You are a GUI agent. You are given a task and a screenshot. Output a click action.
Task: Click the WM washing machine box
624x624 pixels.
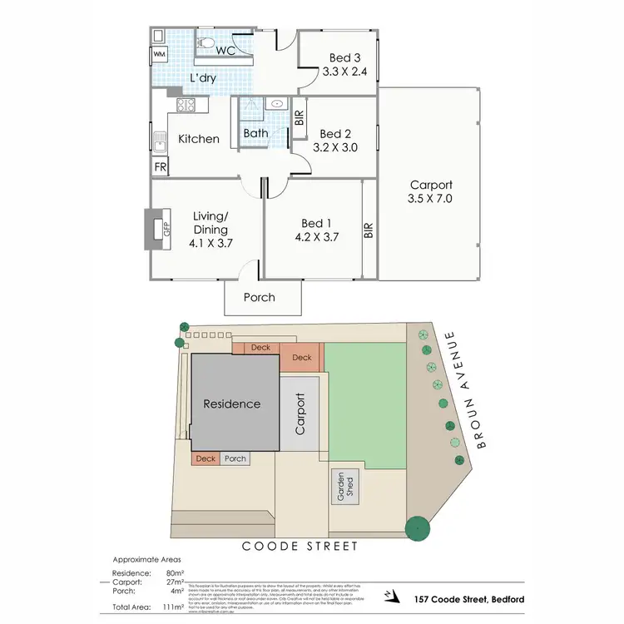point(158,56)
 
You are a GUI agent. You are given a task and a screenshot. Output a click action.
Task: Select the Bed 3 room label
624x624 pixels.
point(339,57)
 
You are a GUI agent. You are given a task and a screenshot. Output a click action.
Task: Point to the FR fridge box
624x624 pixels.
point(159,167)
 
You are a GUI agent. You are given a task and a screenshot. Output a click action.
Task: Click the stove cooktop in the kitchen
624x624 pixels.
point(185,106)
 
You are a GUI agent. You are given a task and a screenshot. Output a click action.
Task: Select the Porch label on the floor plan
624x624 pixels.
point(259,297)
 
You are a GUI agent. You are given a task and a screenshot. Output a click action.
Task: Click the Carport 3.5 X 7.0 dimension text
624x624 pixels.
point(430,200)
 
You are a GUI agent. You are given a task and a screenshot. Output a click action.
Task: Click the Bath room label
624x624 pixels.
point(255,133)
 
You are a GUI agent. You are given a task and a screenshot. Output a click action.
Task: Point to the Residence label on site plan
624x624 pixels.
point(232,404)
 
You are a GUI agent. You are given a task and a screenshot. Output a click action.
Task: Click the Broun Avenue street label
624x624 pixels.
point(464,389)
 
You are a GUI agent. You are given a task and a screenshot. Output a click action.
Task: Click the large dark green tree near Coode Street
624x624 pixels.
point(416,528)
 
